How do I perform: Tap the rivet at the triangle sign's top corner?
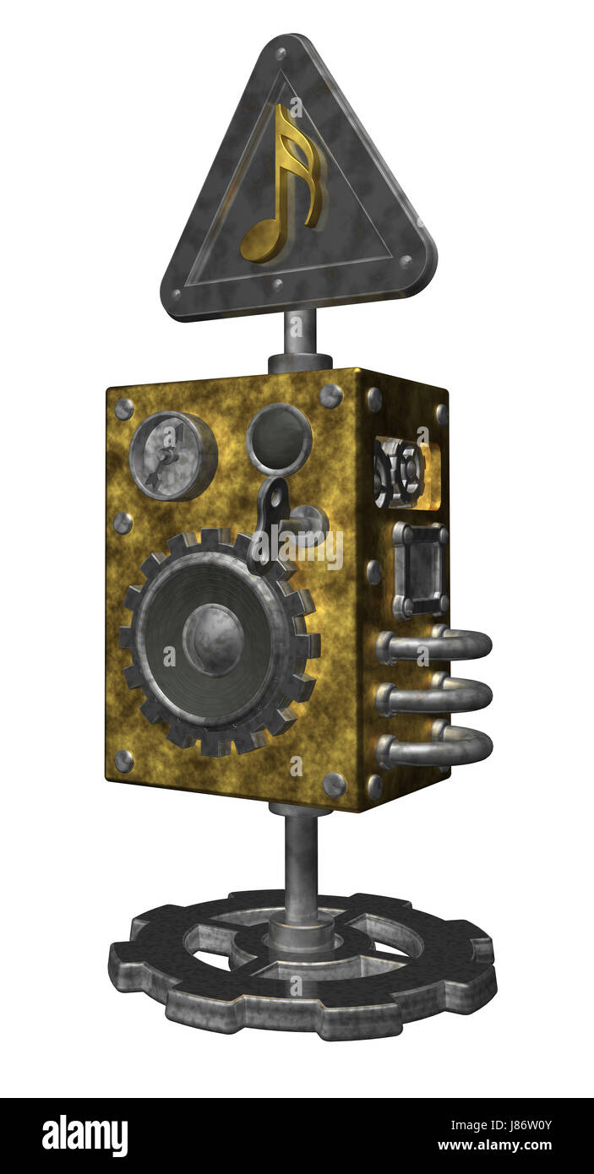280,53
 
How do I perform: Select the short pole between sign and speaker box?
300,332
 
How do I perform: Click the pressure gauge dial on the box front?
172,456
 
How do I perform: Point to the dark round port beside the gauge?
279,439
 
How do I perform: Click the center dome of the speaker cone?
213,639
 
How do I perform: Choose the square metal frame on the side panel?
418,570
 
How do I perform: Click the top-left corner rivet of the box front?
124,409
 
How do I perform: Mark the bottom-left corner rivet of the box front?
124,761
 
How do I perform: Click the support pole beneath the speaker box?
300,861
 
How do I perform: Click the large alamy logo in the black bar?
84,1136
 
